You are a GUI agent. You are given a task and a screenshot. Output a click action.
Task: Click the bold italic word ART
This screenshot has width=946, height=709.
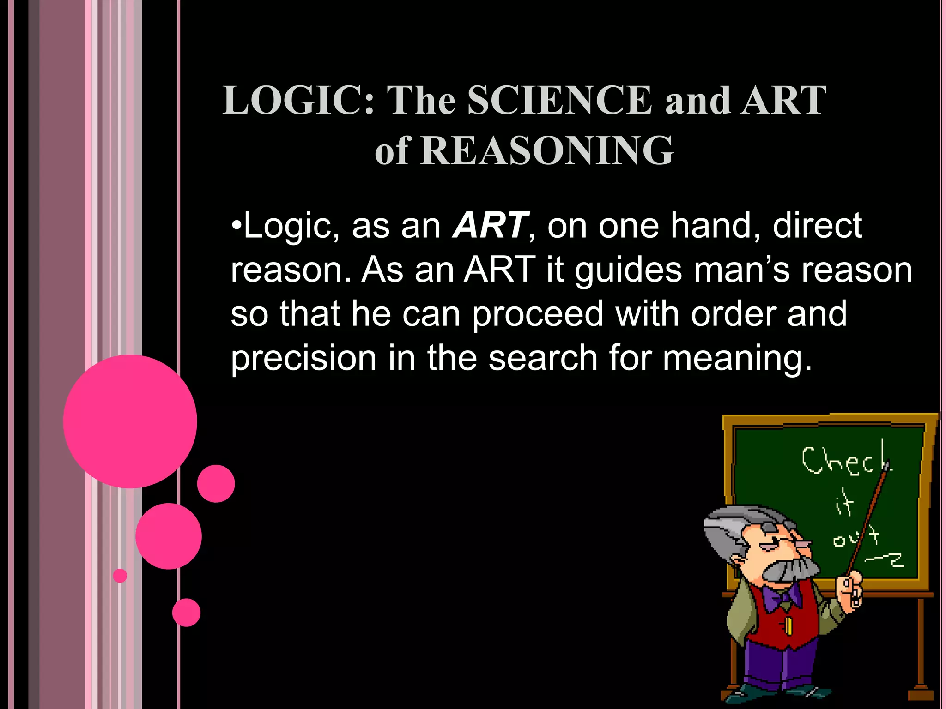pos(490,226)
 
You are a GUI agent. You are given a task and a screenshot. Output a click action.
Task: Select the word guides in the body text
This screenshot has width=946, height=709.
pos(628,270)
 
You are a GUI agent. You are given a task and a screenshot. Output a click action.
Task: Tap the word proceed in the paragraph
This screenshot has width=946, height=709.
pos(538,314)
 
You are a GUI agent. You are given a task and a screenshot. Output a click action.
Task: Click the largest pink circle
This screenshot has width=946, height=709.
pos(130,421)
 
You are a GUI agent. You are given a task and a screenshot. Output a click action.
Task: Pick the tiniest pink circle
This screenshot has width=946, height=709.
pos(120,576)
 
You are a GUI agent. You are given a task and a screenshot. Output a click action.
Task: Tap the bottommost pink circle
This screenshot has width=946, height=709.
pos(186,613)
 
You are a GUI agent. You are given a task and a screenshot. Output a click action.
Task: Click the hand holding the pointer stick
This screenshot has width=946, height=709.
pos(850,591)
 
